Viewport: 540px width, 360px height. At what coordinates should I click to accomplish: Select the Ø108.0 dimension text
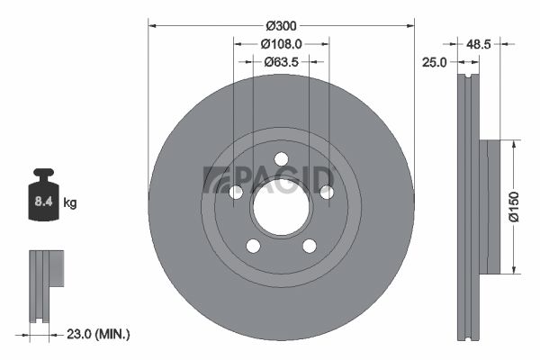[281, 42]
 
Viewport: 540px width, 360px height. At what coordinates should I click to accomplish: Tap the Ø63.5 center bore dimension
[281, 62]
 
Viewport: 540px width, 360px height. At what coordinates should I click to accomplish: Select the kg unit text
[70, 203]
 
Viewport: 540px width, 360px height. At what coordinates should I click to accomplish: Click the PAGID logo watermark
[269, 178]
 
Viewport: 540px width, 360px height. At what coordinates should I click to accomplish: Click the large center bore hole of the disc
[281, 210]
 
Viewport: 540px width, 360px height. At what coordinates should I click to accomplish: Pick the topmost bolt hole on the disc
[281, 159]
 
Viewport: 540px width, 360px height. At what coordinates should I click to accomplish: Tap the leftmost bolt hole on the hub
[236, 193]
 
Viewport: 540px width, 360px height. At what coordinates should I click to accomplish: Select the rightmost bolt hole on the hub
[327, 193]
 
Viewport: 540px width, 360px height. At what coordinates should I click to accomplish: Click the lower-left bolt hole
[253, 246]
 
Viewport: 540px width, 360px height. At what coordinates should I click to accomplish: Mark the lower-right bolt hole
[310, 246]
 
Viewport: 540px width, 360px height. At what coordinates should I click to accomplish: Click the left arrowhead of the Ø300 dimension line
[152, 25]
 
